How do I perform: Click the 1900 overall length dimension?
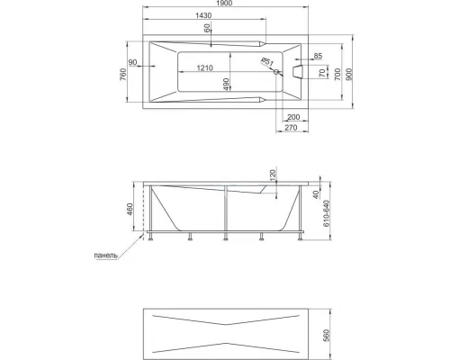coord(224,4)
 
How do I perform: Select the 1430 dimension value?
coord(203,15)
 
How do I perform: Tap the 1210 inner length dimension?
coord(205,68)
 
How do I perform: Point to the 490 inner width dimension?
coord(226,85)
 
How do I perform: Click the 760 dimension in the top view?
coord(123,75)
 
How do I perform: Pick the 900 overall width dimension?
coord(349,74)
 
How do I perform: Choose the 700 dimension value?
coord(337,74)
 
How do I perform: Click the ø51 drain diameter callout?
coord(267,62)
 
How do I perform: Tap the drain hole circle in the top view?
coord(276,72)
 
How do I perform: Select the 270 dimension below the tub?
coord(291,128)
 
